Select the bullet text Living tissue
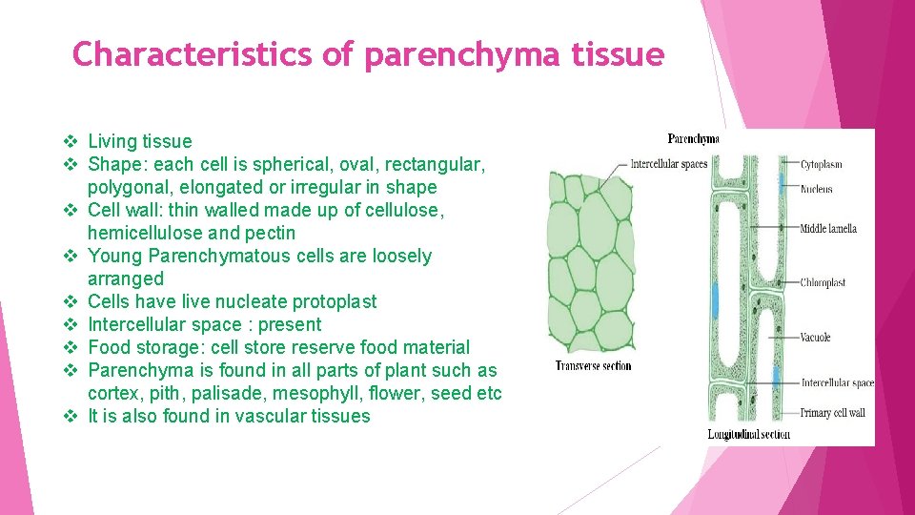[x=139, y=141]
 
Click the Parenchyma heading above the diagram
[x=693, y=139]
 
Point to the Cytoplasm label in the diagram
[x=821, y=164]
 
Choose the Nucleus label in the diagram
[x=816, y=189]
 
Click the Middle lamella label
[x=827, y=228]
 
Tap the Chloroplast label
[x=823, y=282]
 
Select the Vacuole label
[x=815, y=337]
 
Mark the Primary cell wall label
[x=832, y=413]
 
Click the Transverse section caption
[x=593, y=365]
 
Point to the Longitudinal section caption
[x=748, y=434]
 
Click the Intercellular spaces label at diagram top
[x=668, y=164]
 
